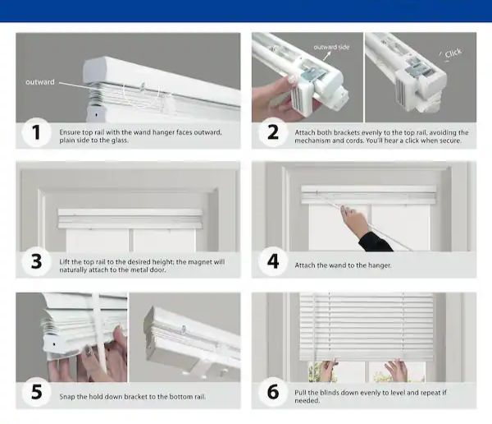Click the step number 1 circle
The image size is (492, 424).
click(x=36, y=132)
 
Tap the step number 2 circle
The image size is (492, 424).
click(x=273, y=132)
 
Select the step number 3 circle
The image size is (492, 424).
click(x=36, y=261)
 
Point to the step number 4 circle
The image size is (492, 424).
click(x=273, y=261)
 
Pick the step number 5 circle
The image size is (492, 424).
click(x=36, y=392)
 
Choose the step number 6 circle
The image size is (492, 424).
click(x=273, y=392)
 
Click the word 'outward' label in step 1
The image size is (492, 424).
click(x=40, y=82)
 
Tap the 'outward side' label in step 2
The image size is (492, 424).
click(x=331, y=47)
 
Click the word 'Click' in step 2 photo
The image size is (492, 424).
click(x=453, y=53)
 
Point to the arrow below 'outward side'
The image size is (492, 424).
click(x=327, y=56)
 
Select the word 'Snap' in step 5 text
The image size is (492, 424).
click(x=66, y=397)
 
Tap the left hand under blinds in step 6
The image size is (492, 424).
click(x=326, y=371)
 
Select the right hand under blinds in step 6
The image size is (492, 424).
click(x=397, y=370)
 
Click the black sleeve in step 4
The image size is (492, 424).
click(x=375, y=242)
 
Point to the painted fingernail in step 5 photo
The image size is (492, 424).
click(x=89, y=350)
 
